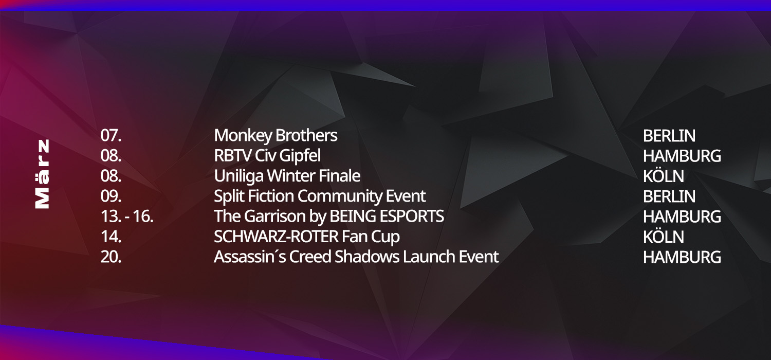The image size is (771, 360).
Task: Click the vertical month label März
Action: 42,174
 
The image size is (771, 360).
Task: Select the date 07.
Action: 111,136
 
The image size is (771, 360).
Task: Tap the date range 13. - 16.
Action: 127,217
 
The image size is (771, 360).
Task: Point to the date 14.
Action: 111,237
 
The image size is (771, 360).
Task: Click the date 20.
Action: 111,257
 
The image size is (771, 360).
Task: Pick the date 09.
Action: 111,196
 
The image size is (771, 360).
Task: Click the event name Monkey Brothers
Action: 276,136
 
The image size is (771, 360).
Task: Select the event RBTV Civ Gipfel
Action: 267,156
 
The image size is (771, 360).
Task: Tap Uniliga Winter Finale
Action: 287,176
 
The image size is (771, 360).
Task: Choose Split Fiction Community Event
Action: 320,196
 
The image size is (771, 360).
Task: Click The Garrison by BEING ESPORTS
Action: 329,217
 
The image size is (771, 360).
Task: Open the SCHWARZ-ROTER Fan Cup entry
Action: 307,237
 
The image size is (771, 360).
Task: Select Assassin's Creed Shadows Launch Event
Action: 356,257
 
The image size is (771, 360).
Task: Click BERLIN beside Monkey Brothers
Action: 669,136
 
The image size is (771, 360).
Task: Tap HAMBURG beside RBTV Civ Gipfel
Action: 682,156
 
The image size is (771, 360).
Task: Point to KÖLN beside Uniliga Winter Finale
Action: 663,176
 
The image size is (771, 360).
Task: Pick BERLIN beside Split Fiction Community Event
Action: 669,196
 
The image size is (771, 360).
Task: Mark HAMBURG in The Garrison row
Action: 682,217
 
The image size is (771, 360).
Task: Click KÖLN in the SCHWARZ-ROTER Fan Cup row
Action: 663,237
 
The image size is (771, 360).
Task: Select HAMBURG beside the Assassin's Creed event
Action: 682,257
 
